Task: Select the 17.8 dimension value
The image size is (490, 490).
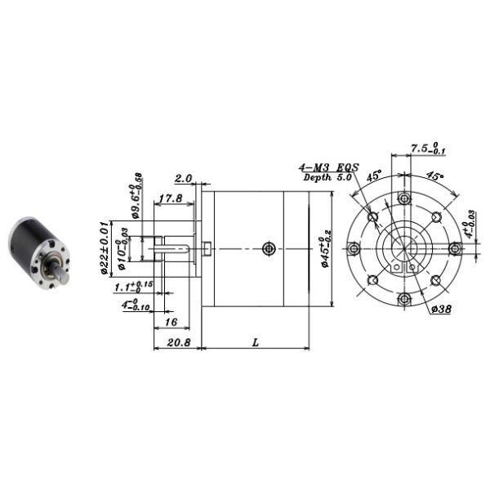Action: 171,198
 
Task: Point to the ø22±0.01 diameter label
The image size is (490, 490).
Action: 104,248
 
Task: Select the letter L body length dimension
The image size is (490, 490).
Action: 255,344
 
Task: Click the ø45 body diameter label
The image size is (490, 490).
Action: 325,248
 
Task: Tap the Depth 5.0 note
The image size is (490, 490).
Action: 325,177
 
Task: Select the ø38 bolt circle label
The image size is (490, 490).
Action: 442,309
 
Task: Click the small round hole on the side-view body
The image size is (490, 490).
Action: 269,248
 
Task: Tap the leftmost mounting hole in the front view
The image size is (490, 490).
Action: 353,249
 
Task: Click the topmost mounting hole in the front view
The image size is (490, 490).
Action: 403,199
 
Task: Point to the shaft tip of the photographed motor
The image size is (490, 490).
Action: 59,276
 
